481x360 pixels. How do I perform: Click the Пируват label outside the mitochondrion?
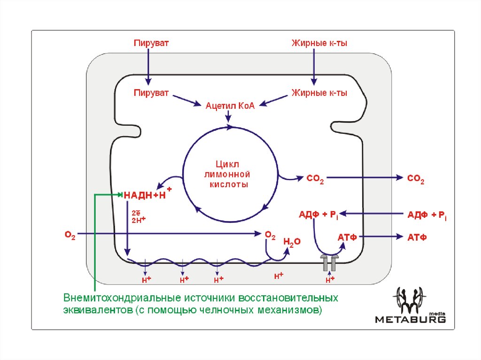point(151,43)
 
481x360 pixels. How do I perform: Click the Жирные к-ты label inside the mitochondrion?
point(319,92)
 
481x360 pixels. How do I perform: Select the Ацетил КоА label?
point(230,106)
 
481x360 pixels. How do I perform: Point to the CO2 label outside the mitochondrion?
point(416,178)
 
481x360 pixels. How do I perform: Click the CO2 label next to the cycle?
point(315,178)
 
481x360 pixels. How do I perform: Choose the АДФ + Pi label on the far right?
point(427,215)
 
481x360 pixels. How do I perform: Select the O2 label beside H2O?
point(270,234)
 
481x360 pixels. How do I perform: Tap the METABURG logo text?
point(410,319)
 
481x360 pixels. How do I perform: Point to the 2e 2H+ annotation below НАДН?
point(138,216)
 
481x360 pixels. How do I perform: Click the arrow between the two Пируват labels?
point(148,66)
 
